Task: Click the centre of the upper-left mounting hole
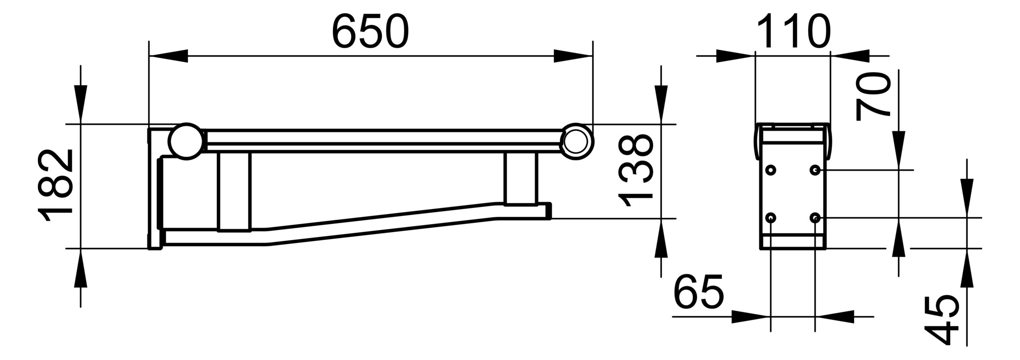(x=771, y=170)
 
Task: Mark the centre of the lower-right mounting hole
(x=815, y=217)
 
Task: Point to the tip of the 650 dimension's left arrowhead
(x=149, y=56)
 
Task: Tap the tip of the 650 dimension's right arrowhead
(x=593, y=56)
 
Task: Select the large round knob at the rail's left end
(x=186, y=141)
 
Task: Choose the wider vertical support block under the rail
(x=234, y=191)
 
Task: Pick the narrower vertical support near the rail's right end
(x=519, y=179)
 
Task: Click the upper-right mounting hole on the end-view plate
(x=815, y=170)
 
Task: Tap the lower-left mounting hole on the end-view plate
(x=771, y=217)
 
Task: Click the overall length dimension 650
(x=370, y=31)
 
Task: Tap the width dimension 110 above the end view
(x=793, y=31)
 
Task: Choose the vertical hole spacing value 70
(x=873, y=96)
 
